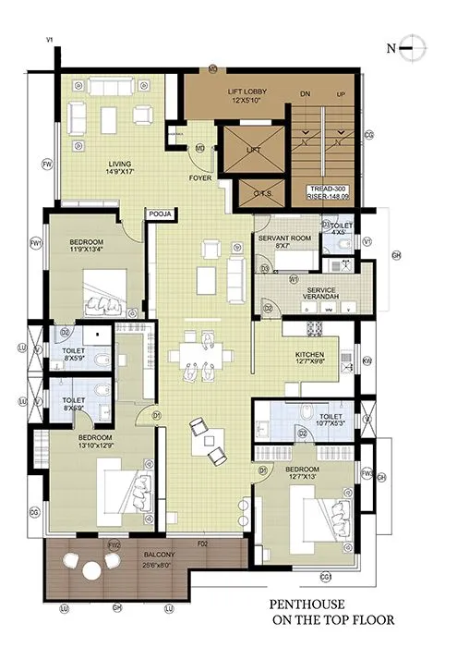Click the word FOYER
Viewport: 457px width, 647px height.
201,177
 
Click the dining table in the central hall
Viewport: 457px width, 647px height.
197,354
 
